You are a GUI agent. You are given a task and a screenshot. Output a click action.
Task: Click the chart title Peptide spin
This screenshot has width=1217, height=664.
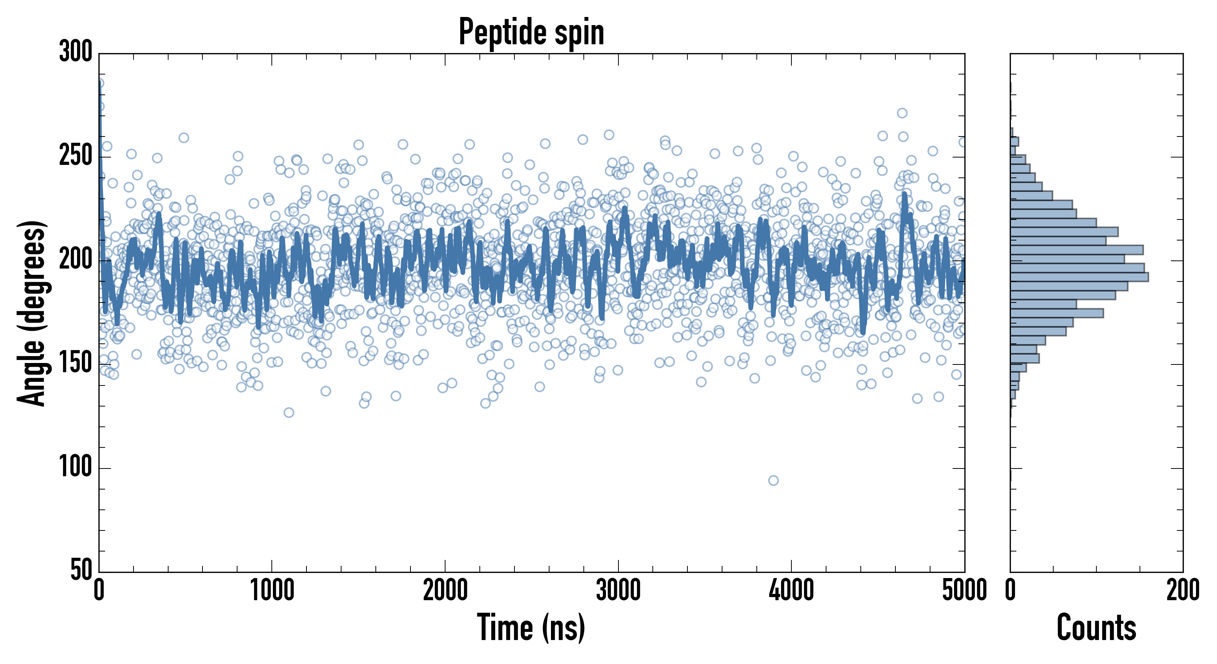(531, 32)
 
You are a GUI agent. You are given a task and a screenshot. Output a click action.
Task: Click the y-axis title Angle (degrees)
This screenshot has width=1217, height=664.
(31, 313)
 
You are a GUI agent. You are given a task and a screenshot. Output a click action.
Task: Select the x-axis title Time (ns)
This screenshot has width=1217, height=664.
(531, 627)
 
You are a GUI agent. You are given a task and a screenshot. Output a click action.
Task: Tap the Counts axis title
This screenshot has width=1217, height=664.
(1096, 627)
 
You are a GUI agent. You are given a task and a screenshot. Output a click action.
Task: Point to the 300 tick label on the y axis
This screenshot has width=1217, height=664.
(76, 52)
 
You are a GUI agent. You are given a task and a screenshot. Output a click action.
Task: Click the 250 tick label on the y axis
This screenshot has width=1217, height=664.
(76, 156)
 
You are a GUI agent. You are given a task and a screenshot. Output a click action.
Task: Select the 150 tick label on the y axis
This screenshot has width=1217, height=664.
(76, 363)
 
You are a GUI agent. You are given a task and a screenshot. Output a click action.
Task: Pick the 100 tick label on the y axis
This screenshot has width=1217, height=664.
(76, 467)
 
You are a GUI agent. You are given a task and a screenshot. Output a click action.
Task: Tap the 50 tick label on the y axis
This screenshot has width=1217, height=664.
(81, 570)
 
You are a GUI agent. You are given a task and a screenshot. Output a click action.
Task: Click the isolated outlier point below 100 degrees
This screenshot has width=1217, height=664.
(773, 481)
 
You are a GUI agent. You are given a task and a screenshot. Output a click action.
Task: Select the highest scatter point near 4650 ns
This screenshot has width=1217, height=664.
(902, 113)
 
